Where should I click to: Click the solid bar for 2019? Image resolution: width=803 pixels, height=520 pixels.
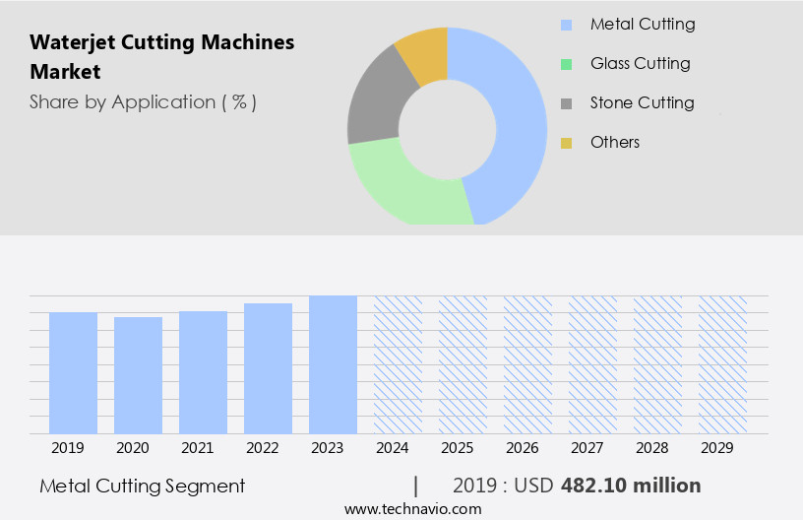pos(73,372)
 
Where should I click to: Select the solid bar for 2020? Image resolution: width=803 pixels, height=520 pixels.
pos(138,375)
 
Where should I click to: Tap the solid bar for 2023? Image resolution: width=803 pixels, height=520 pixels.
pos(333,364)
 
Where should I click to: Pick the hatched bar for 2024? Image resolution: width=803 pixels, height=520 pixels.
pos(398,364)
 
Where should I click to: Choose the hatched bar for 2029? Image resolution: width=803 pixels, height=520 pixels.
pos(722,364)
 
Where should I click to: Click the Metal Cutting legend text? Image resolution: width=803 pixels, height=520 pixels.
pos(643,24)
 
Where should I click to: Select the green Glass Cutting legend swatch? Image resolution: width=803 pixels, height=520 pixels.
pos(566,64)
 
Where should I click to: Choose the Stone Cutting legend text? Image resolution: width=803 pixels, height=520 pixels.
pos(642,102)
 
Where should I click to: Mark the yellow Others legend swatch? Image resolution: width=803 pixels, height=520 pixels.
pos(566,143)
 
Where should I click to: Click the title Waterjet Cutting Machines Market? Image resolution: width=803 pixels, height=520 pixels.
pos(161,57)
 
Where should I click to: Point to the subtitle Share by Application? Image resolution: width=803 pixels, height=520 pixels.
pos(143,101)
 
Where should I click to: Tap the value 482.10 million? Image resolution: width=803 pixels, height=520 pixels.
pos(631,486)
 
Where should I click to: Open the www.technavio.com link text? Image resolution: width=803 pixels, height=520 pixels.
pos(412,508)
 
